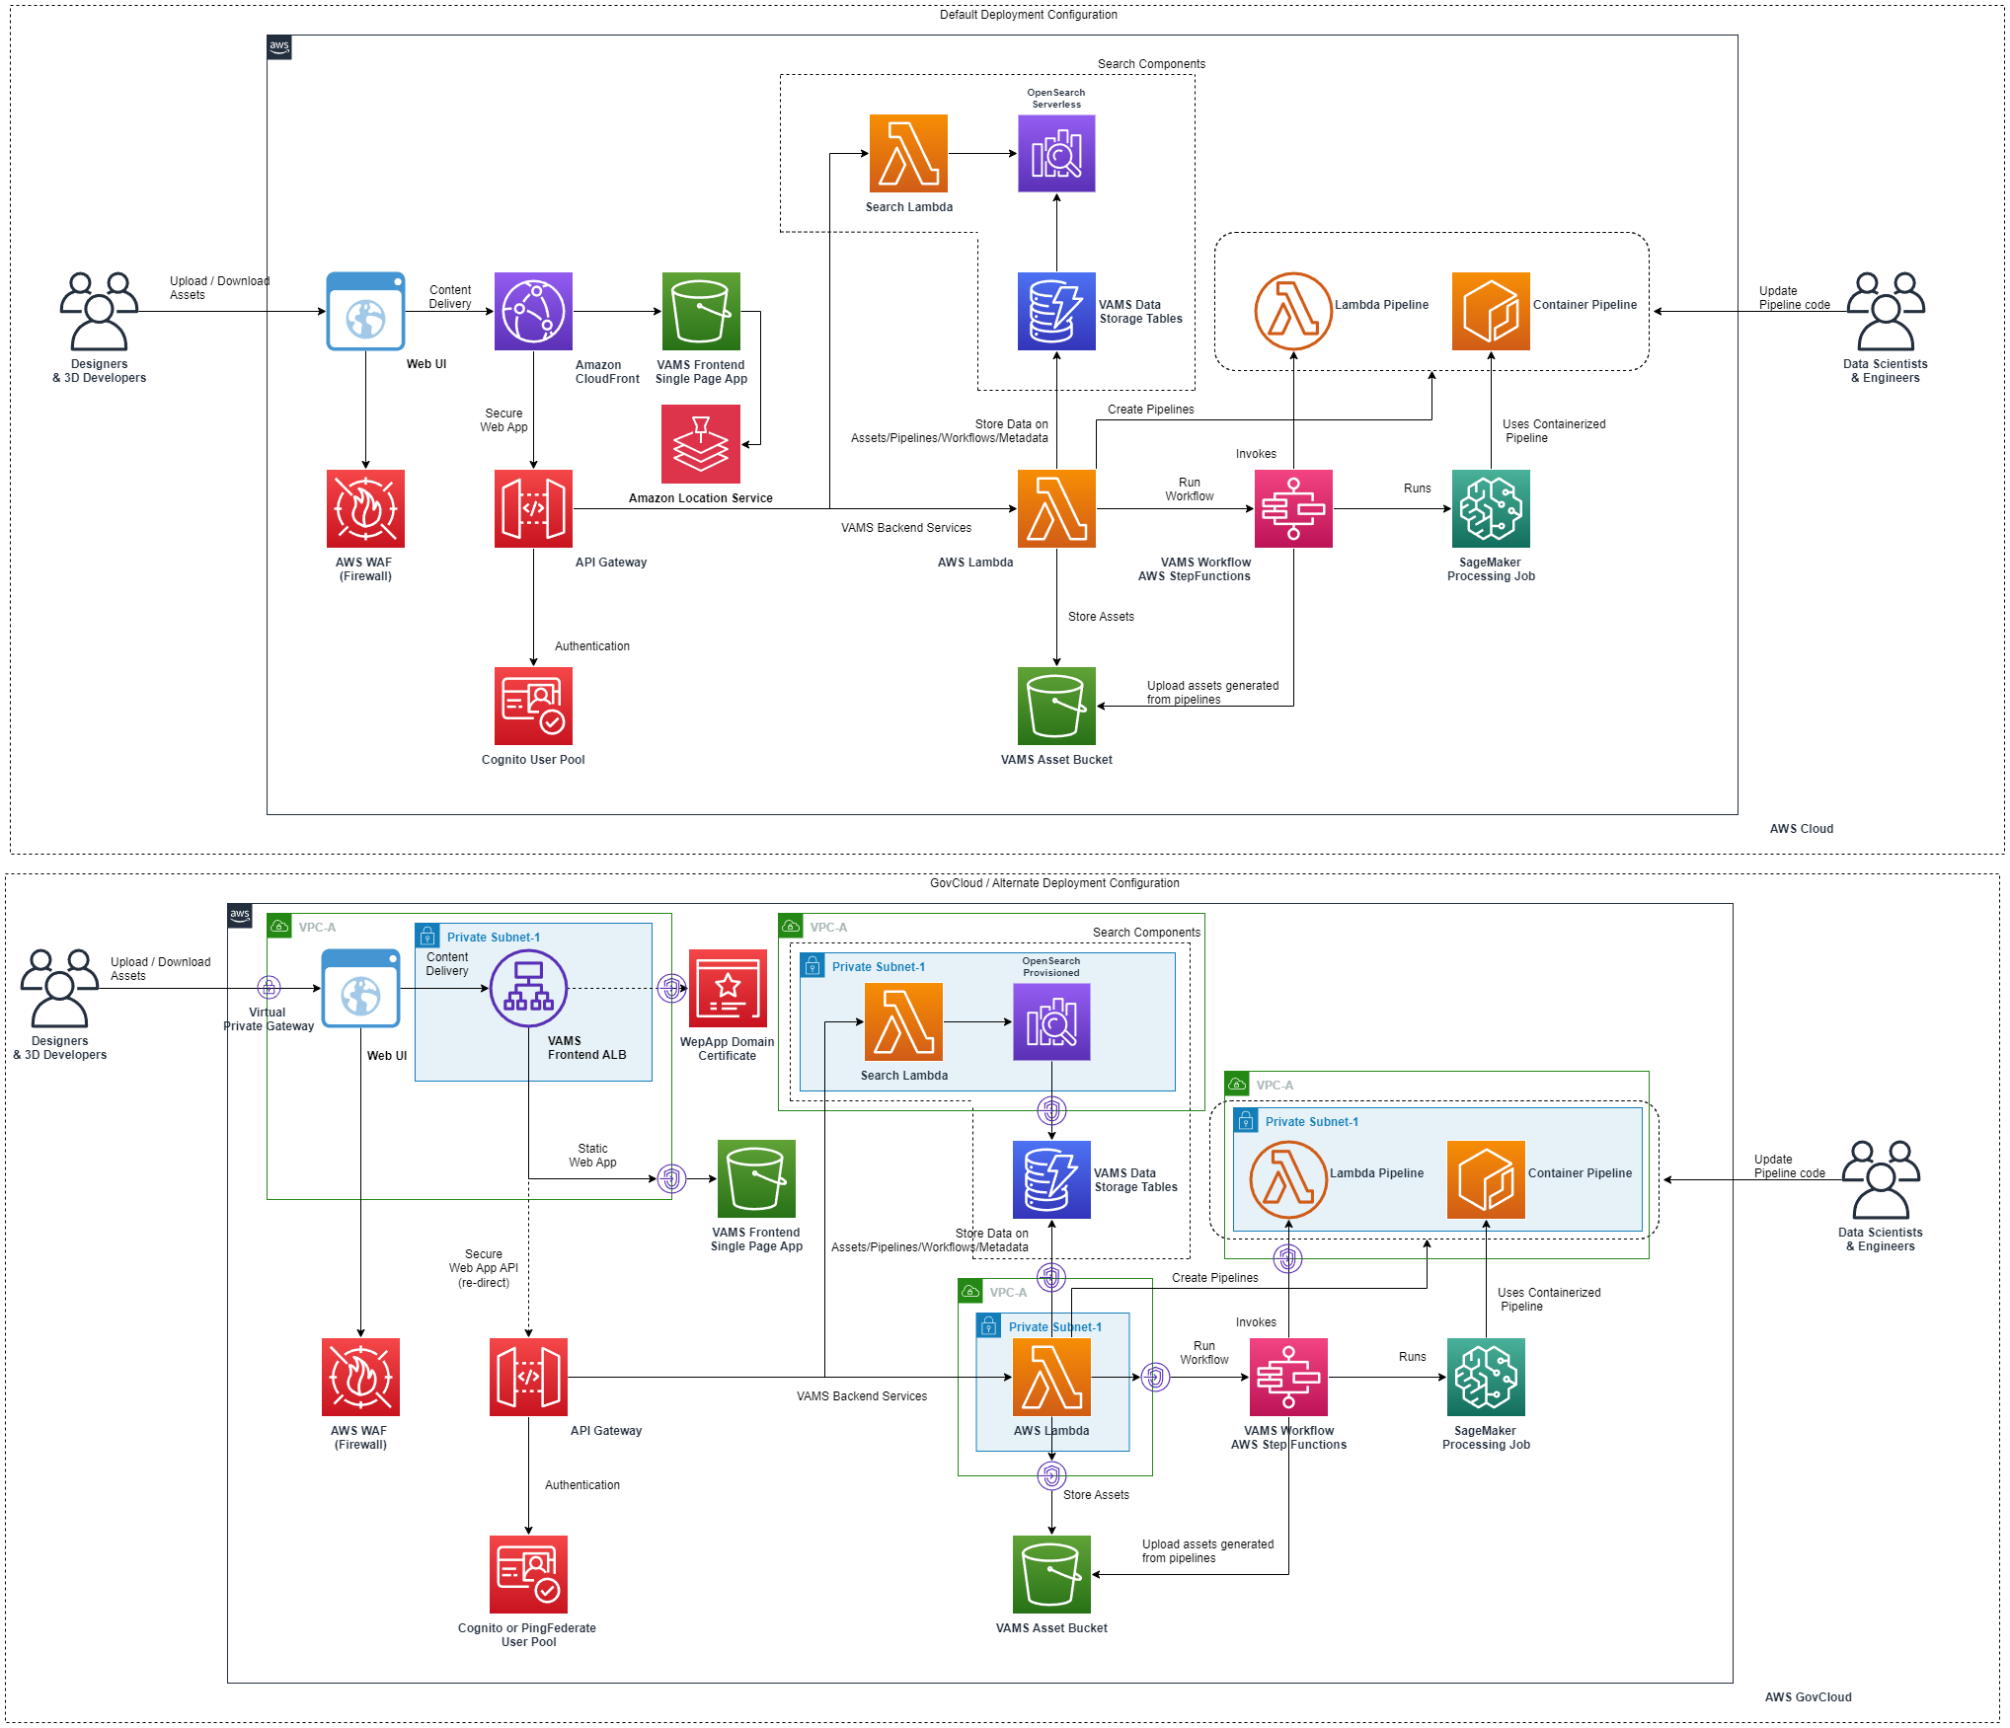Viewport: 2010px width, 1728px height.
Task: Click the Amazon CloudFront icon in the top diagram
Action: click(533, 312)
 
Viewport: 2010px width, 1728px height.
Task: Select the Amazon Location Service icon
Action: click(701, 444)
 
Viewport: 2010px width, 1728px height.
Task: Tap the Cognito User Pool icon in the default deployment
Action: click(533, 707)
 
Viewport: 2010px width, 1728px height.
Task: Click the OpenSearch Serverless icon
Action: click(1056, 154)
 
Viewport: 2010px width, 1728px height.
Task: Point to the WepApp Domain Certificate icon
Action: click(728, 989)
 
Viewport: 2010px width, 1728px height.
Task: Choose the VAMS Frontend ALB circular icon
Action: click(529, 988)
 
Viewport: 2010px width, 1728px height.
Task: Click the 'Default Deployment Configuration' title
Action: click(1028, 15)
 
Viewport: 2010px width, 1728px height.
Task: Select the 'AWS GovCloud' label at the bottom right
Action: click(1808, 1697)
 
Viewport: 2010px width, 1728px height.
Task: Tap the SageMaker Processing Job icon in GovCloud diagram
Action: click(1486, 1378)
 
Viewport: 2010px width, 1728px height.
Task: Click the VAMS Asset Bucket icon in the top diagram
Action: click(1056, 707)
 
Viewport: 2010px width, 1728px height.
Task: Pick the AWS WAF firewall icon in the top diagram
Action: click(365, 509)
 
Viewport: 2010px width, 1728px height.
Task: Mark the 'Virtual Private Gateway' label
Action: click(269, 1019)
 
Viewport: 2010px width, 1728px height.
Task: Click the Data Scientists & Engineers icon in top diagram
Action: click(1886, 312)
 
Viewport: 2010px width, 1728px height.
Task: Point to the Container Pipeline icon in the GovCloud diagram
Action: click(1486, 1180)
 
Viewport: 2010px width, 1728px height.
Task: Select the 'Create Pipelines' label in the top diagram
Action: click(1150, 410)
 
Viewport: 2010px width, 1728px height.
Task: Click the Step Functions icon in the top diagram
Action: click(1293, 509)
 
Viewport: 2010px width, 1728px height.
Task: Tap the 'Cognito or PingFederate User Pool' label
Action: click(527, 1635)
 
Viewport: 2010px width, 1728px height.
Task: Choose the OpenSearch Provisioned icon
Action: click(1051, 1022)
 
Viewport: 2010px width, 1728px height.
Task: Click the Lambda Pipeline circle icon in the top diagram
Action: click(1293, 312)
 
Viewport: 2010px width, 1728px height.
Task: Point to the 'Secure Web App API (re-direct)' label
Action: click(484, 1268)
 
